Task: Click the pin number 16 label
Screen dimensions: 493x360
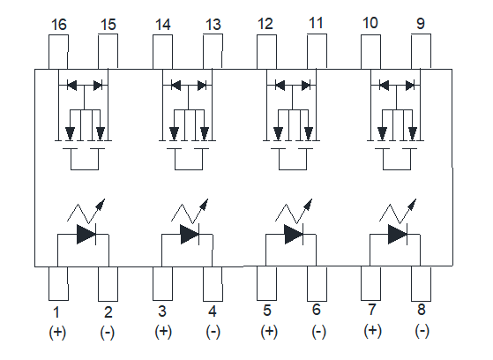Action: tap(59, 25)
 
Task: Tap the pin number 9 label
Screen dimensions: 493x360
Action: tap(421, 24)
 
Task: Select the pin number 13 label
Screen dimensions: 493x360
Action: tap(213, 25)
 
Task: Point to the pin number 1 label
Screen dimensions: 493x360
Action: tap(56, 312)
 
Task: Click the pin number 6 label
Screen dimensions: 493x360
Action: tap(317, 310)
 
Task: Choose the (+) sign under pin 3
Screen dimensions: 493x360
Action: tap(163, 332)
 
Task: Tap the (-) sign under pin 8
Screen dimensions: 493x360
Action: tap(422, 331)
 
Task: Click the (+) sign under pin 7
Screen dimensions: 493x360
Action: tap(372, 331)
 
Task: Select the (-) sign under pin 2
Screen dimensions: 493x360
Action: tap(108, 333)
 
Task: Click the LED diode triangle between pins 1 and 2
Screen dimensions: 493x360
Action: tap(86, 234)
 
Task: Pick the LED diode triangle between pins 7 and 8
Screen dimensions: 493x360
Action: tap(398, 234)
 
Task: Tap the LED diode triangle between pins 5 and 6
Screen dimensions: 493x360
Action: tap(294, 234)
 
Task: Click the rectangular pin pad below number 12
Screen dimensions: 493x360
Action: tap(266, 52)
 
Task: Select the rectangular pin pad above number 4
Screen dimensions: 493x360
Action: tap(213, 284)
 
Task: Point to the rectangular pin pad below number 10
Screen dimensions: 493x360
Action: tap(370, 52)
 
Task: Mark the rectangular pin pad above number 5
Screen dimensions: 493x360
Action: tap(266, 283)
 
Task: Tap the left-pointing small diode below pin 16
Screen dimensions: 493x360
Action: tap(72, 85)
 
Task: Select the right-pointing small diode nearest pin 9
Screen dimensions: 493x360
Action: tap(410, 85)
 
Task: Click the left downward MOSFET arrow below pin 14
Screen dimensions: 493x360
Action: tap(174, 133)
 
